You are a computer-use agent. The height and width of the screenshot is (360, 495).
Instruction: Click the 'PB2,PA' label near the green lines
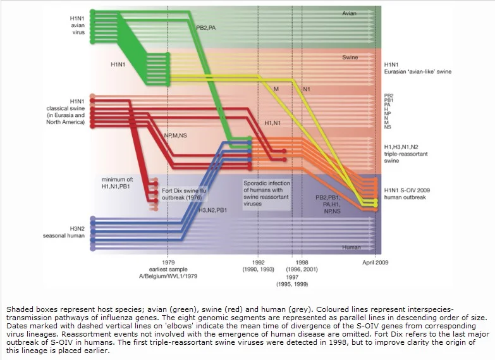pyautogui.click(x=206, y=28)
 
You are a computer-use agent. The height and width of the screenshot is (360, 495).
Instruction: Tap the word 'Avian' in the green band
pyautogui.click(x=349, y=13)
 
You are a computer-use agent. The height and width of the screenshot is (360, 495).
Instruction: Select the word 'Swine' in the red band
pyautogui.click(x=350, y=57)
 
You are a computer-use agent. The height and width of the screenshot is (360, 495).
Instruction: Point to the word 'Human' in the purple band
pyautogui.click(x=351, y=247)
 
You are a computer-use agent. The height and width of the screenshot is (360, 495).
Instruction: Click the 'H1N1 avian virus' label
pyautogui.click(x=77, y=25)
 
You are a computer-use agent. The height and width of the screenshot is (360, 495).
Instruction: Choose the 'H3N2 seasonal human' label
pyautogui.click(x=64, y=232)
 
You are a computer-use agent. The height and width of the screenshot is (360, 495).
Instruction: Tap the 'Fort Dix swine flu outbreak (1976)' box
pyautogui.click(x=184, y=194)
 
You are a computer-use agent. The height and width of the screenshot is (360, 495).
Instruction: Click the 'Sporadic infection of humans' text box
pyautogui.click(x=266, y=194)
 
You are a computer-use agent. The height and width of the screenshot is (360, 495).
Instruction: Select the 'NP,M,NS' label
pyautogui.click(x=175, y=135)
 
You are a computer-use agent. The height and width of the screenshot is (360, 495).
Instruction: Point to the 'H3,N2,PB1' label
pyautogui.click(x=212, y=210)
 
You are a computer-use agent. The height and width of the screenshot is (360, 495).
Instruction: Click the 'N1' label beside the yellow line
pyautogui.click(x=306, y=89)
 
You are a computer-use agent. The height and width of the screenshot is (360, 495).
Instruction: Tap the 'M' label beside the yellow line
pyautogui.click(x=276, y=89)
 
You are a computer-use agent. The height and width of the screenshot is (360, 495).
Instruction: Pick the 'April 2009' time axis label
pyautogui.click(x=376, y=263)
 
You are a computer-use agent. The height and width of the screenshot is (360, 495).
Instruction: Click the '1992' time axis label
pyautogui.click(x=258, y=263)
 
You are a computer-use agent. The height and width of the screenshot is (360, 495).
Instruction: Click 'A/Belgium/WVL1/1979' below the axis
pyautogui.click(x=168, y=276)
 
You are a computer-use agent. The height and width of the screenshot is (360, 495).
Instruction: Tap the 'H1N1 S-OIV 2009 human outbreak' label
pyautogui.click(x=407, y=194)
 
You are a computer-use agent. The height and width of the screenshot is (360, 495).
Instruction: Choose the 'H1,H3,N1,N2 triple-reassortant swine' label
pyautogui.click(x=406, y=154)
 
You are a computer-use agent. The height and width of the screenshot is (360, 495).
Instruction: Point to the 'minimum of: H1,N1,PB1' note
pyautogui.click(x=116, y=183)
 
